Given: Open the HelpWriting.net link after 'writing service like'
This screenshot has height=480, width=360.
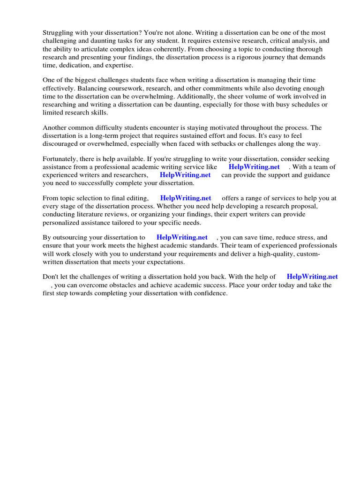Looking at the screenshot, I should pos(254,167).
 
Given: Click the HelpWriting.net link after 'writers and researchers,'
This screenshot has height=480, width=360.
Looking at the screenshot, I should pos(185,175).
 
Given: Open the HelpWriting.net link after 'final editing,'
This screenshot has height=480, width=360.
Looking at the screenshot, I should pos(186,199).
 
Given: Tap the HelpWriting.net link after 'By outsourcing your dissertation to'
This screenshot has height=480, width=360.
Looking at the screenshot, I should pos(182,238).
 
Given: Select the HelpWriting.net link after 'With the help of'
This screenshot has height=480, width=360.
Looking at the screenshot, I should pos(312,277).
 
